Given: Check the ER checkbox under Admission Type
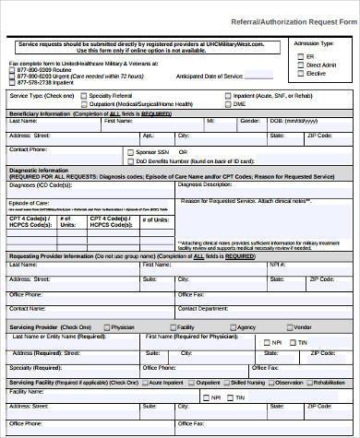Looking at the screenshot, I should point(299,56).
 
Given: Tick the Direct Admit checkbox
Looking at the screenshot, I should point(299,65).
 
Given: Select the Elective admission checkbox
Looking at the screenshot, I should point(299,73).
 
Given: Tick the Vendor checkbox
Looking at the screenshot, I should point(288,327).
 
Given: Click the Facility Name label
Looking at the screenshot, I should point(26,390).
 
